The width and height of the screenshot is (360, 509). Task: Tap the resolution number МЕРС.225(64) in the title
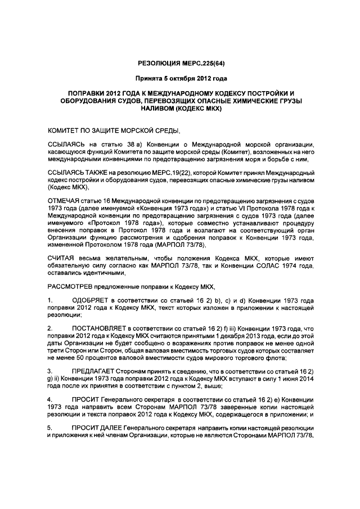[x=209, y=64]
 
